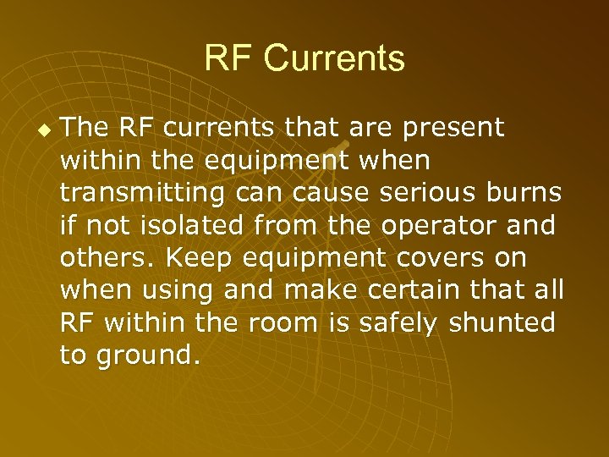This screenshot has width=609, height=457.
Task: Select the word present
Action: tap(453, 128)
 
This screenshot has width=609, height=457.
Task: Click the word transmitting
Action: tap(142, 194)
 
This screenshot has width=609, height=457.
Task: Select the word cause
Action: tap(329, 194)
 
